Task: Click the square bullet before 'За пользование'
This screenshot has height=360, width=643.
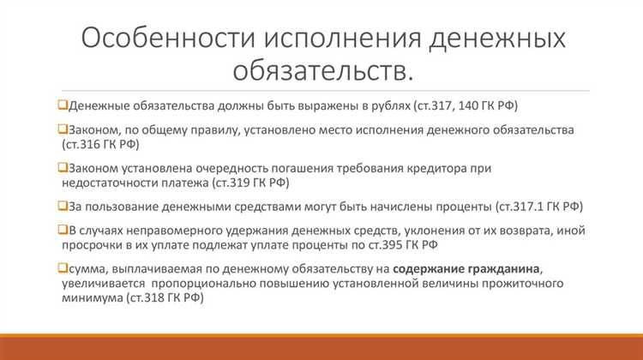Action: click(x=62, y=207)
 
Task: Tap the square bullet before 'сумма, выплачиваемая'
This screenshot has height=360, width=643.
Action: click(x=62, y=270)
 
